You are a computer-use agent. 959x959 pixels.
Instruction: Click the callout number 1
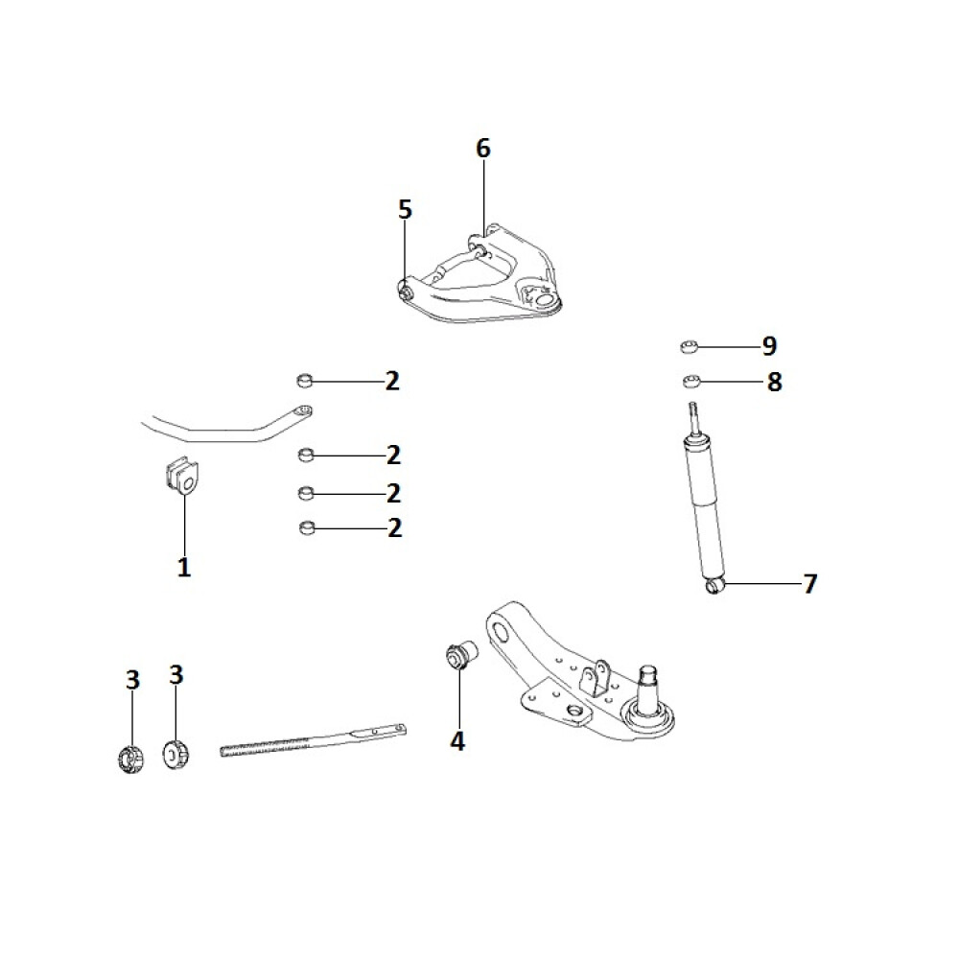click(184, 567)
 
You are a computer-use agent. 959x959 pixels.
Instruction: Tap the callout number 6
click(483, 148)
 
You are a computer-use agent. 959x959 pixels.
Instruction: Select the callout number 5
click(405, 209)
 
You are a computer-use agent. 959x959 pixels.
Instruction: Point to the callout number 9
click(769, 346)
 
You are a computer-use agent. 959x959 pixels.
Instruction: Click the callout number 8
click(774, 382)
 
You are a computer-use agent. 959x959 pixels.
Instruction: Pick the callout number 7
click(809, 583)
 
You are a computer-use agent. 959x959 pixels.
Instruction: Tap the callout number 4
click(457, 740)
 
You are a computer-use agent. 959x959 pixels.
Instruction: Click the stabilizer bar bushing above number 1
click(181, 476)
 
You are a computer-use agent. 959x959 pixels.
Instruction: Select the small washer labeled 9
click(690, 347)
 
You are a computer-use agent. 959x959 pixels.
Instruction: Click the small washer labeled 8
click(691, 383)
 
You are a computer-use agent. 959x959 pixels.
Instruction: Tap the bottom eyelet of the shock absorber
click(714, 586)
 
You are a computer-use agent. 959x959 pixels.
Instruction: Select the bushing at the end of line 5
click(405, 291)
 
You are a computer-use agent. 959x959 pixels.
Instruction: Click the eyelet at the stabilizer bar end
click(303, 410)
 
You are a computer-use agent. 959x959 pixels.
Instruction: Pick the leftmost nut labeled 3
click(130, 759)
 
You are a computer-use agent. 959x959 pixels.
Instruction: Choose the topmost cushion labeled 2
click(305, 382)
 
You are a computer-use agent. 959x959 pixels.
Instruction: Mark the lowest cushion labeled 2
click(308, 527)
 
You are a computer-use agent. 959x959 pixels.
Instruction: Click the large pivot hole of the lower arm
click(501, 630)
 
